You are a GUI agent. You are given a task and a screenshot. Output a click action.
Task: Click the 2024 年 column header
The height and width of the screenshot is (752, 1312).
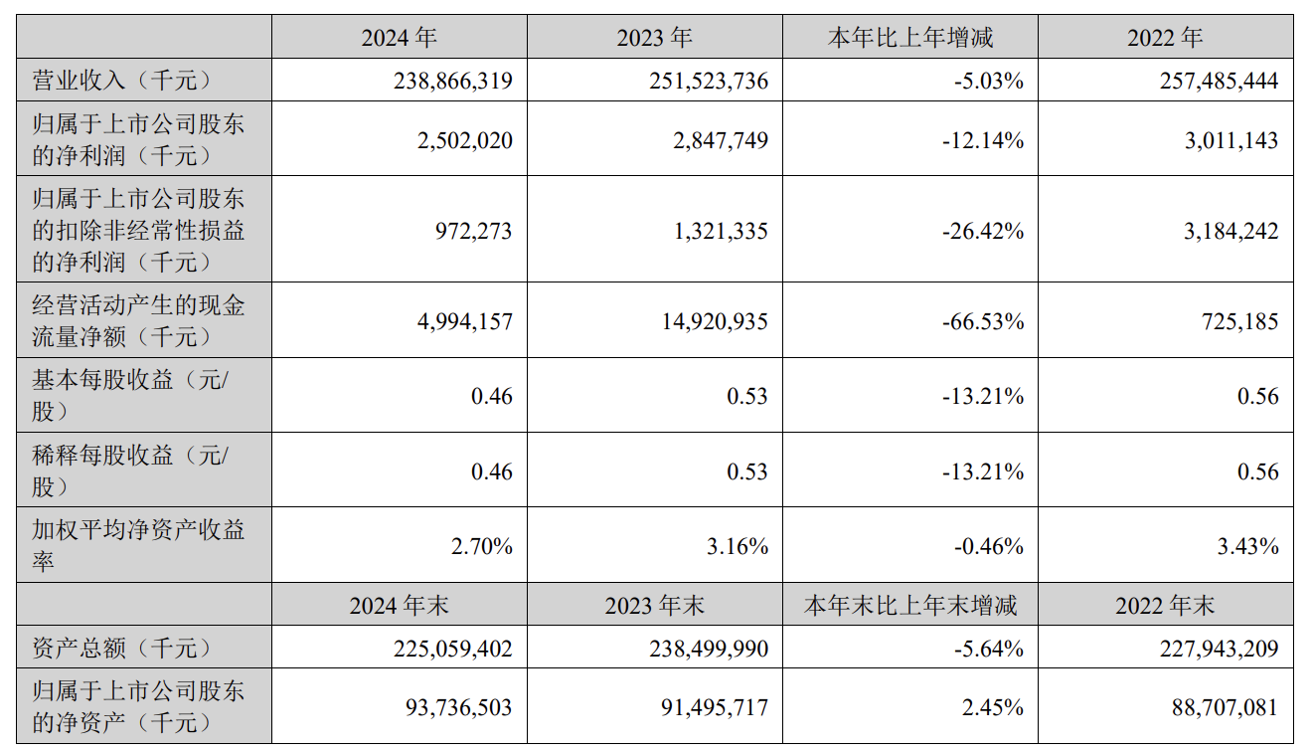pos(399,38)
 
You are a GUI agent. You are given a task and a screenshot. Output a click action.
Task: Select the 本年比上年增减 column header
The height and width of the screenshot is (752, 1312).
pos(910,38)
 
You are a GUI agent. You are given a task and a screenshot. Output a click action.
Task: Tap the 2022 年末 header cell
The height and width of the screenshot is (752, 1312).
pos(1165,605)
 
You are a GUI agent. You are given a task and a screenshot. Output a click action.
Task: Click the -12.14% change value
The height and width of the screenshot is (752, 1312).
pos(979,140)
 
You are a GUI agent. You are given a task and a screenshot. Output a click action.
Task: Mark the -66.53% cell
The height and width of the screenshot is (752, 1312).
pos(979,321)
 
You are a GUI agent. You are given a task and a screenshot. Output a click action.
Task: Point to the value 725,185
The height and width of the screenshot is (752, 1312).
pos(1239,321)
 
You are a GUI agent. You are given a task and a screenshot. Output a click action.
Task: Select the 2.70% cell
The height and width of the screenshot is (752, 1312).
pos(481,546)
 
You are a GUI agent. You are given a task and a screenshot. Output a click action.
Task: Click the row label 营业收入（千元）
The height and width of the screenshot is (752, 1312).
pos(122,81)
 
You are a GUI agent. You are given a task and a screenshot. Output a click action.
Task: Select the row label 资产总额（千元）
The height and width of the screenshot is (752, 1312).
pos(122,649)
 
